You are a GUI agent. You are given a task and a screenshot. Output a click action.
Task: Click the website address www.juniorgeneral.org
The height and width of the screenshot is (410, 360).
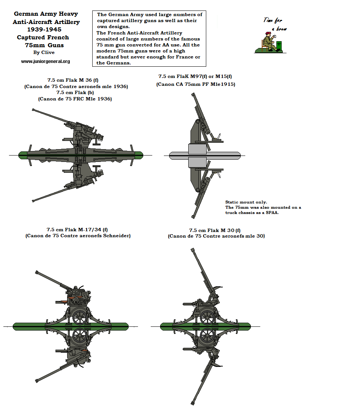[45, 61]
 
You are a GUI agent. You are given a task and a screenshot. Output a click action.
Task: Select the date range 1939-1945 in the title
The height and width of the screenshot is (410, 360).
[44, 29]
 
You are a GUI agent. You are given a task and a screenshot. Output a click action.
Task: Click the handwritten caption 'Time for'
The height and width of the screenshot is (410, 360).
[273, 20]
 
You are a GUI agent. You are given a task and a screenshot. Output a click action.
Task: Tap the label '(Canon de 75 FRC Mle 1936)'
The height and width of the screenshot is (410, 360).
[75, 99]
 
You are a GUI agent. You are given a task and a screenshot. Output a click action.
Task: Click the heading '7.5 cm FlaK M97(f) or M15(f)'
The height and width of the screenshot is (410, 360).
[195, 76]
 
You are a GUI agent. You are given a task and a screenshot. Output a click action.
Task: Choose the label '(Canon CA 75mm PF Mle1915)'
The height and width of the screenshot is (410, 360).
[196, 85]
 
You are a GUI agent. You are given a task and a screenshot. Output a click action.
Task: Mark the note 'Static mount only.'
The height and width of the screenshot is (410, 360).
[246, 202]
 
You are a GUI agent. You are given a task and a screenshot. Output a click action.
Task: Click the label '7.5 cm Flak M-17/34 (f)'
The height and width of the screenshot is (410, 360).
[77, 229]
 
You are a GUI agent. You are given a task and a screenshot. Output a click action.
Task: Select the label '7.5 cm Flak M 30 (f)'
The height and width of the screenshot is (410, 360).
[215, 230]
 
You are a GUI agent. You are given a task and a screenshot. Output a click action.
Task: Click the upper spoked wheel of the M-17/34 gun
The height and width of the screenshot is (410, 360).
[80, 317]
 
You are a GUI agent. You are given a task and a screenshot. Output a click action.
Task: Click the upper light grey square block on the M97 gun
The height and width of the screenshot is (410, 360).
[197, 149]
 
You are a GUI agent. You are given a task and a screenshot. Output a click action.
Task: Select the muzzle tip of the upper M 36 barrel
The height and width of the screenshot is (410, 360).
[33, 110]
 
